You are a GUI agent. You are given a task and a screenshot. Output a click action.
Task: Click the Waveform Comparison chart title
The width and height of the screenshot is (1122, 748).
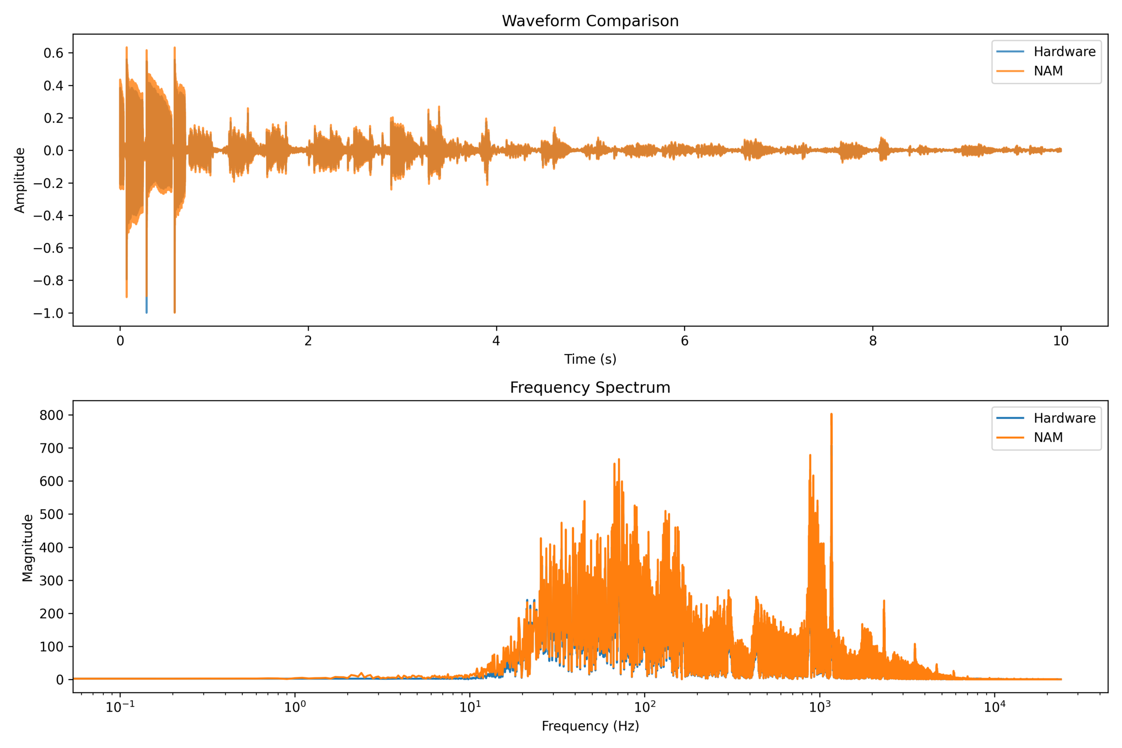(x=590, y=21)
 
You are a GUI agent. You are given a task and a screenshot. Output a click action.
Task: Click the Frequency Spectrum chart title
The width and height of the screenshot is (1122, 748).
(x=590, y=387)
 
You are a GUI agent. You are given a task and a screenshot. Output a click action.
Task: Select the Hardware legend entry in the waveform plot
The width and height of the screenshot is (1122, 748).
(x=1064, y=52)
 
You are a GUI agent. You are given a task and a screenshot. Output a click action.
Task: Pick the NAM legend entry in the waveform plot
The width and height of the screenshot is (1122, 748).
(x=1048, y=71)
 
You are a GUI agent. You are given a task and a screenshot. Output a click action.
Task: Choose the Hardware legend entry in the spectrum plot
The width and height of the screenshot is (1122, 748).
(x=1064, y=418)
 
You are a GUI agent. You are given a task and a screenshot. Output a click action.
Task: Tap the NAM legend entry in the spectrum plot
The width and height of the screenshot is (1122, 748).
(x=1048, y=437)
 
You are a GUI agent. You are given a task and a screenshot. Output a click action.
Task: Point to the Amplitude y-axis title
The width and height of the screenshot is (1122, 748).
(x=20, y=181)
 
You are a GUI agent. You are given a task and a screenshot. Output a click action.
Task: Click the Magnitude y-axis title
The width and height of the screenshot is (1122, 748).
(x=28, y=548)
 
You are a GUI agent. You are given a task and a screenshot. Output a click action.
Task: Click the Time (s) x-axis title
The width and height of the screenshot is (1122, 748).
(x=590, y=359)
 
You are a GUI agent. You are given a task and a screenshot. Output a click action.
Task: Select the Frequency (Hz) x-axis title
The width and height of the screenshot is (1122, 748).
(x=590, y=726)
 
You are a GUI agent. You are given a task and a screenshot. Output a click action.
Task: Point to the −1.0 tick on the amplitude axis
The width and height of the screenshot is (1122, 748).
(x=48, y=313)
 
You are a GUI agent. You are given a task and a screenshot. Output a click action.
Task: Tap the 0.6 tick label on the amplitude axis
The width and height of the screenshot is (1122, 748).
(x=53, y=53)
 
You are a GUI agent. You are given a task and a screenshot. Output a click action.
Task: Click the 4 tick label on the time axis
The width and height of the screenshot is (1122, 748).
(x=496, y=340)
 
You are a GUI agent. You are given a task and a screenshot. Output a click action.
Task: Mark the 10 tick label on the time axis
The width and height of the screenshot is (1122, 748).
(x=1061, y=340)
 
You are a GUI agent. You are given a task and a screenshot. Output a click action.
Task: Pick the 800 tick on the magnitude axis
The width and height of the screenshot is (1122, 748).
(x=50, y=415)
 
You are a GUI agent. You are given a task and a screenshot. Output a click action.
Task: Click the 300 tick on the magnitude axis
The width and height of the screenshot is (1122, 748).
(x=50, y=581)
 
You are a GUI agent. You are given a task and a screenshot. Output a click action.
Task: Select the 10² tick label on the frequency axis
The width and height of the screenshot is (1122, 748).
(x=645, y=707)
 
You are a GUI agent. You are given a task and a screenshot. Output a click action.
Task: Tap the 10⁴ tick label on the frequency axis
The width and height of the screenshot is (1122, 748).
(x=994, y=707)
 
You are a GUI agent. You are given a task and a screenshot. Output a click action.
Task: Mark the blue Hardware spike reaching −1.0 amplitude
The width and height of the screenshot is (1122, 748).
(x=146, y=308)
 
